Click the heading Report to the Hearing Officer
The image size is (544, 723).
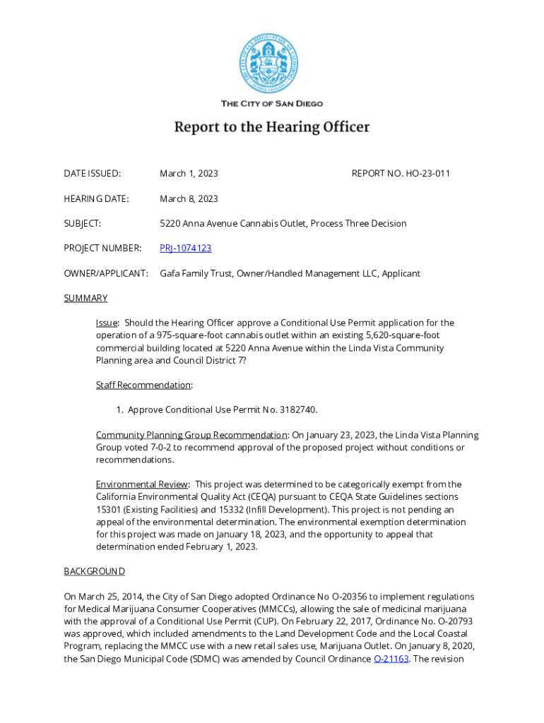coord(272,128)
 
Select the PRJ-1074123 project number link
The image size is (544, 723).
coord(185,249)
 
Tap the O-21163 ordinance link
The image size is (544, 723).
coord(391,659)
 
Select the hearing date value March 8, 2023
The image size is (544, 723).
coord(189,198)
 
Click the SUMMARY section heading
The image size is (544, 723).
coord(85,298)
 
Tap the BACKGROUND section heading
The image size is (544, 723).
coord(94,570)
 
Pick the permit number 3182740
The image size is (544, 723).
coord(306,410)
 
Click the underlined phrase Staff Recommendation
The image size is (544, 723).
coord(143,385)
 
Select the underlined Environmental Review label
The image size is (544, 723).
coord(141,484)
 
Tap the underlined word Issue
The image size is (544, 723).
coord(107,323)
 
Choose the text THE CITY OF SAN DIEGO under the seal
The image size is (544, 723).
coord(272,104)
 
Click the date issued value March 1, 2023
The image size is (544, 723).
coord(189,174)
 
